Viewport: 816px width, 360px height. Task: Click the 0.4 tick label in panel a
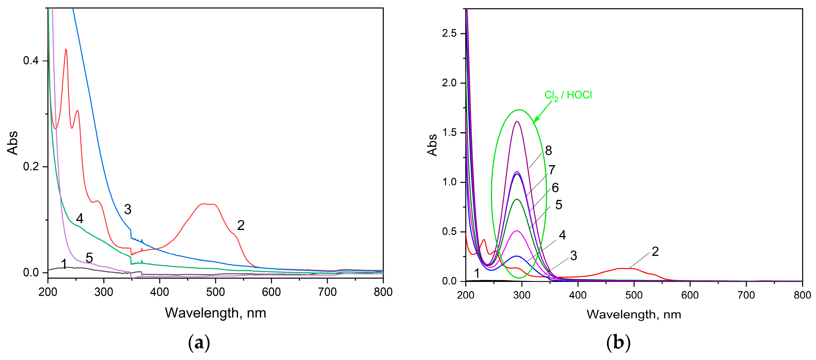tap(30, 61)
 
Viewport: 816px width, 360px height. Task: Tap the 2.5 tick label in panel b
tap(449, 34)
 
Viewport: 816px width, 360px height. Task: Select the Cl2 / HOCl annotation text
tap(568, 95)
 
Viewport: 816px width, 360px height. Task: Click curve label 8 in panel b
tap(548, 150)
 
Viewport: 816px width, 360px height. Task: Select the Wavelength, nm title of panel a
tap(215, 313)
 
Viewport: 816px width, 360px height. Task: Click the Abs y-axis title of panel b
tap(432, 145)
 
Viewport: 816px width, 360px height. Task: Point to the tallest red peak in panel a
tap(66, 49)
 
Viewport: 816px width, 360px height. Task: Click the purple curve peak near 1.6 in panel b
tap(517, 122)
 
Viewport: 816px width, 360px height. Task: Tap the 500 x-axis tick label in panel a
tap(215, 292)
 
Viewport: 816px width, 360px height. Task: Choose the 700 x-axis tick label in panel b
tap(746, 295)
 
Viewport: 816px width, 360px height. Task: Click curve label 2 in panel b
tap(655, 252)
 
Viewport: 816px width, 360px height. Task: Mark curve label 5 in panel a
tap(89, 258)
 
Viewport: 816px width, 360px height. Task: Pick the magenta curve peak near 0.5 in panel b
tap(517, 231)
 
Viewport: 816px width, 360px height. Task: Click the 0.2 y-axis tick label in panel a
tap(30, 166)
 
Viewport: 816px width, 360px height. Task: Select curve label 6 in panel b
tap(555, 188)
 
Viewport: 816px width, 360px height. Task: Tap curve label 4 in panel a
tap(80, 219)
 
